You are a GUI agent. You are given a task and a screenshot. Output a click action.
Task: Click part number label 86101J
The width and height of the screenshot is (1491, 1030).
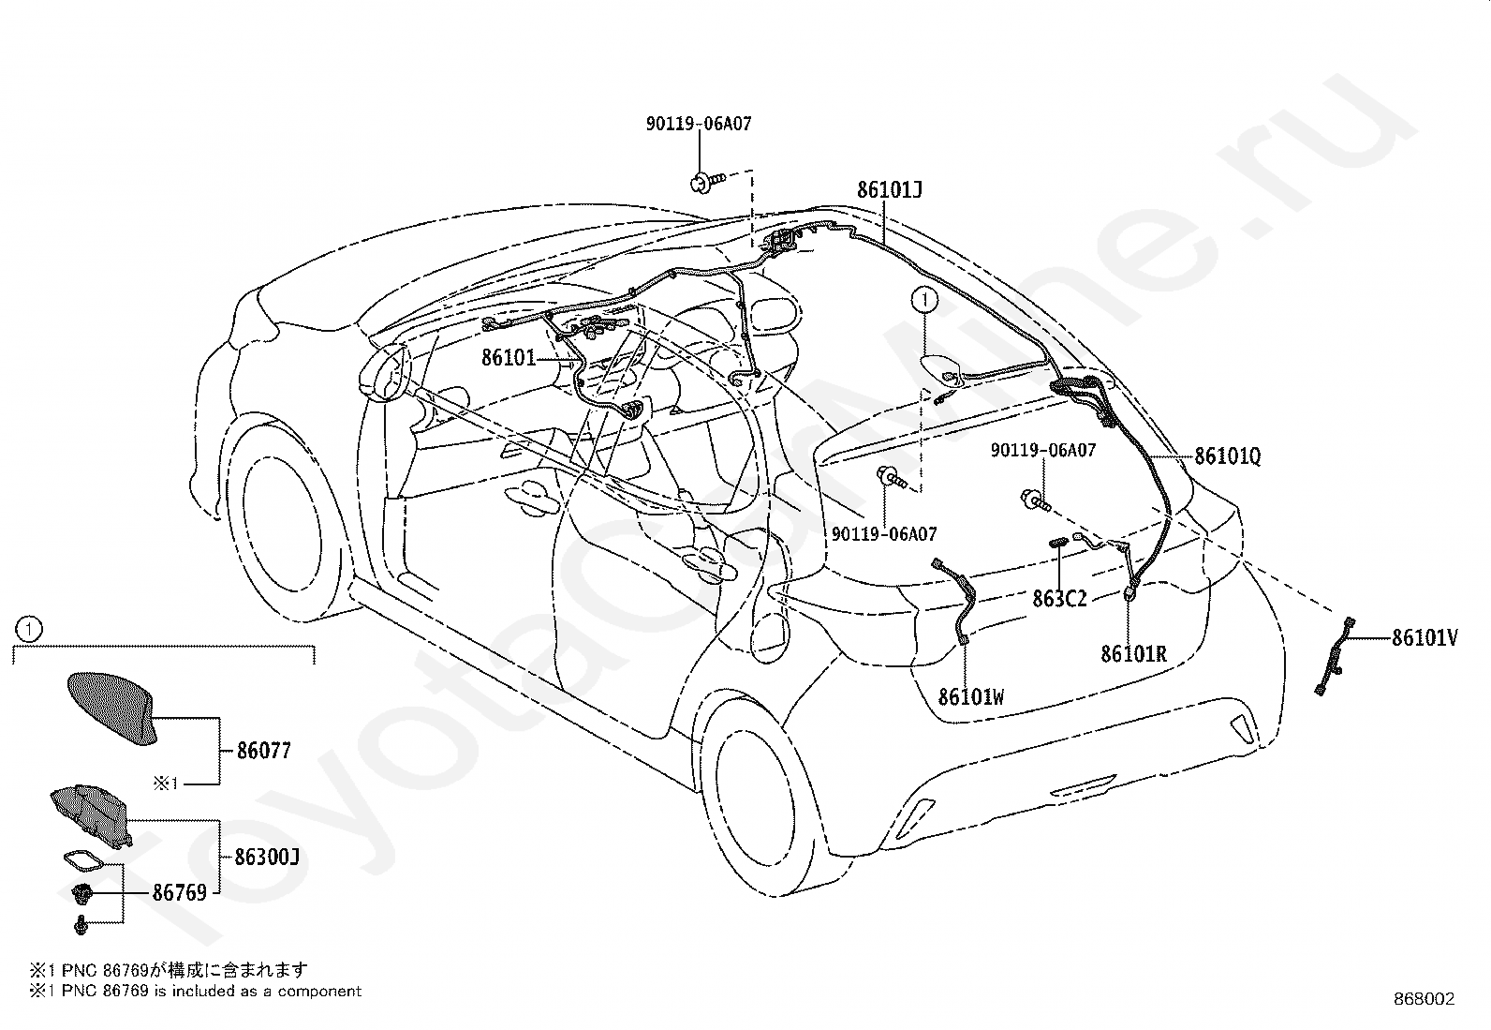(889, 190)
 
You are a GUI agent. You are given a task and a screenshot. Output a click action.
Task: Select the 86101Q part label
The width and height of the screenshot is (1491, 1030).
(1227, 456)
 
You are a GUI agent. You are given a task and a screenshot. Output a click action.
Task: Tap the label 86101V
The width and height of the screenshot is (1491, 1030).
(1425, 638)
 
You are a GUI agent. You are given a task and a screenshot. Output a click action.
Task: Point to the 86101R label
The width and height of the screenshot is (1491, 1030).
(1133, 653)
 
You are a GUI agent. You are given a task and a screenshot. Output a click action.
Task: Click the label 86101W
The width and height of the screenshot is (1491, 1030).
(971, 696)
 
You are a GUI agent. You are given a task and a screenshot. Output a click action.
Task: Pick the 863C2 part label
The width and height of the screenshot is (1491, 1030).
(1059, 598)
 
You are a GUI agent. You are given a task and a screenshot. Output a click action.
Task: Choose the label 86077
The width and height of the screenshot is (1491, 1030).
(263, 750)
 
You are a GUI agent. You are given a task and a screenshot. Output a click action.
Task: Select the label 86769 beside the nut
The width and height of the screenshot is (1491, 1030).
(179, 893)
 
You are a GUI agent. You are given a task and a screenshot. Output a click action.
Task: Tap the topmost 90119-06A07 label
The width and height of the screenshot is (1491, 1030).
(698, 124)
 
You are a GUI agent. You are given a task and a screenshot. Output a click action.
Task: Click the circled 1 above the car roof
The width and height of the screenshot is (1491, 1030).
(924, 300)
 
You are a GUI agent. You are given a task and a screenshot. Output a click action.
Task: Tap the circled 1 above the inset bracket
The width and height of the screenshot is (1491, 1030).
(29, 628)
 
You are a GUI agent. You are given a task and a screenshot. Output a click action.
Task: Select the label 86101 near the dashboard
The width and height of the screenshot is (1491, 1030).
(508, 357)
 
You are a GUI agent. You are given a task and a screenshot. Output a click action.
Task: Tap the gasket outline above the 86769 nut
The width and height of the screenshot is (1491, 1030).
(86, 860)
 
